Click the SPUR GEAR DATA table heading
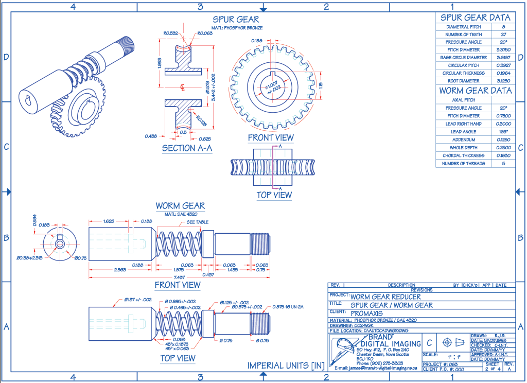[x=475, y=18]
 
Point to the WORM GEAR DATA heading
[x=475, y=91]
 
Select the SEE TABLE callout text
[x=197, y=222]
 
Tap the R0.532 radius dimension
[x=170, y=33]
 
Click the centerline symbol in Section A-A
[x=183, y=86]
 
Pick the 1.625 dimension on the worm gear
[x=108, y=221]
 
